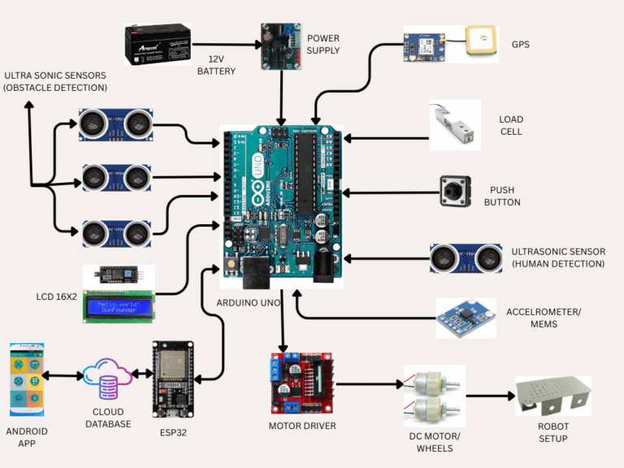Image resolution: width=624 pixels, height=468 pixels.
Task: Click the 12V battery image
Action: [x=158, y=44]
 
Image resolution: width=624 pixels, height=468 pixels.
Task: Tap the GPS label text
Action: [x=520, y=44]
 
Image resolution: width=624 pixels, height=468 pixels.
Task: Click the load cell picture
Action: [x=455, y=125]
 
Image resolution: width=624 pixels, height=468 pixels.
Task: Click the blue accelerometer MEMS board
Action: [x=465, y=317]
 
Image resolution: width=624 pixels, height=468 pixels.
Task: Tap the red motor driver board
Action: [x=301, y=383]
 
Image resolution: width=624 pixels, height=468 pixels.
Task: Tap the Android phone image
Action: [x=26, y=379]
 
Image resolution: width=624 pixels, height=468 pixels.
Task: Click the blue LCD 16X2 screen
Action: [x=119, y=307]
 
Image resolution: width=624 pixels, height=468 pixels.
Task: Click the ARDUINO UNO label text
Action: [x=249, y=302]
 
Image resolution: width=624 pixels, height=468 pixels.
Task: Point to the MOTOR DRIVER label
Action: [x=301, y=425]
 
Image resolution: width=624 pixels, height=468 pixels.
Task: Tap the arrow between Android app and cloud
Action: [x=62, y=376]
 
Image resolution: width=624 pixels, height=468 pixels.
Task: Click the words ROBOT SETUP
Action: [x=552, y=432]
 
